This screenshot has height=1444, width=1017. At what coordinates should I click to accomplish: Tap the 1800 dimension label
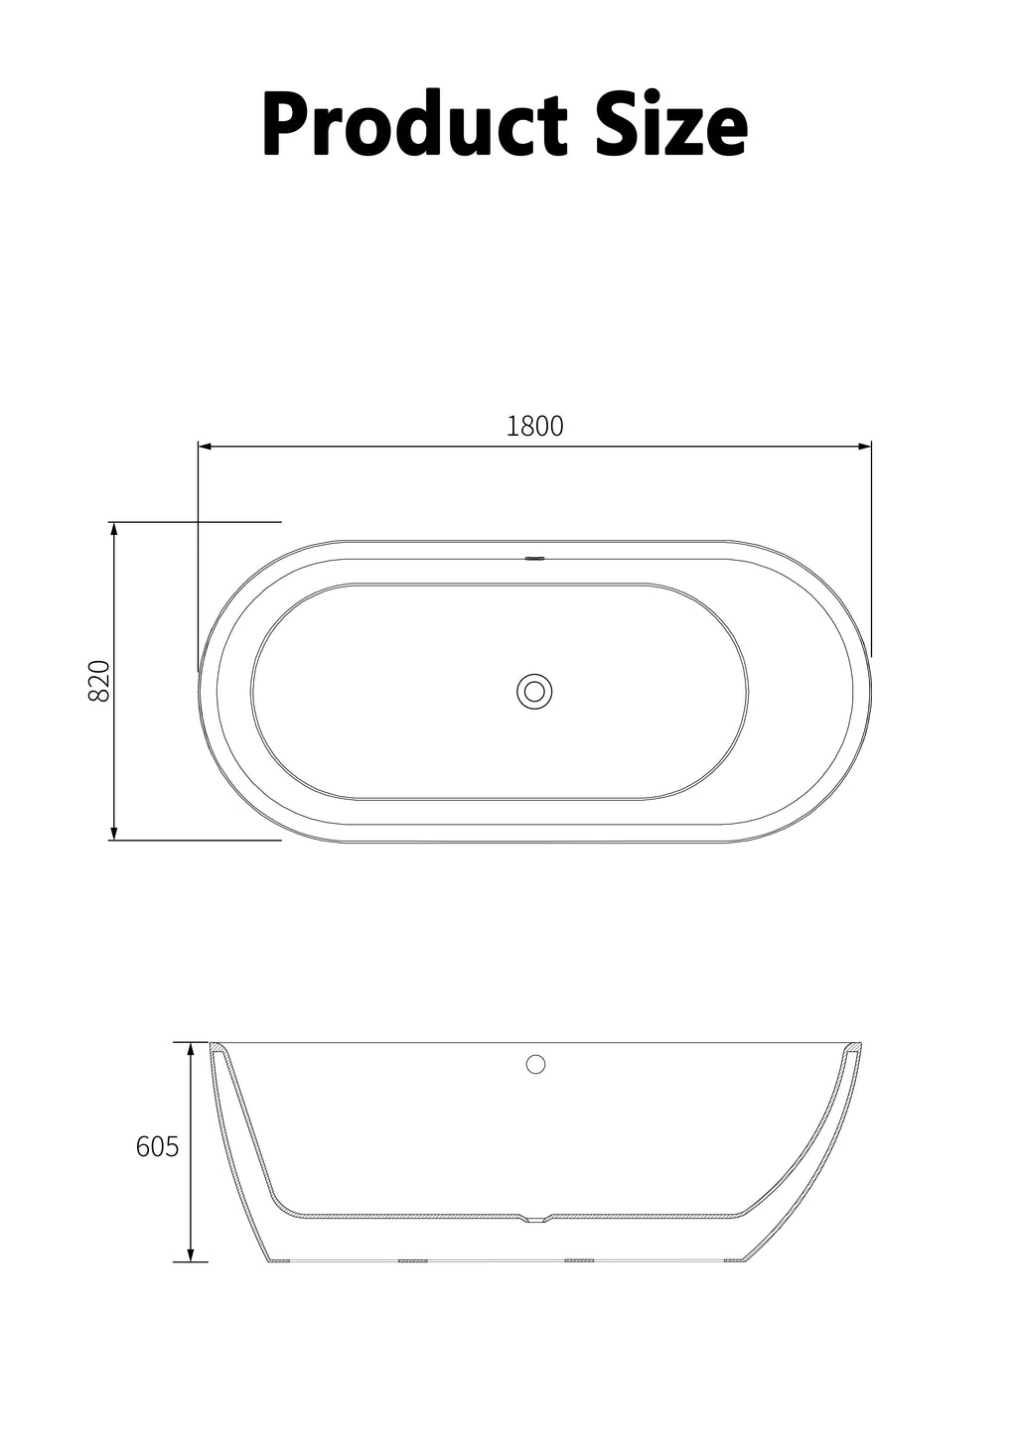pos(534,426)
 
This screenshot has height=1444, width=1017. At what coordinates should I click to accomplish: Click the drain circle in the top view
pos(534,692)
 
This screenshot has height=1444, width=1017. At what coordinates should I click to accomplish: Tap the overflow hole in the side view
pos(535,1064)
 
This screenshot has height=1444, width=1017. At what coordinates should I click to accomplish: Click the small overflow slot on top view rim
pos(535,558)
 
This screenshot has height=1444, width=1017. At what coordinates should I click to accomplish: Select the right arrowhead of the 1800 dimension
pos(864,446)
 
